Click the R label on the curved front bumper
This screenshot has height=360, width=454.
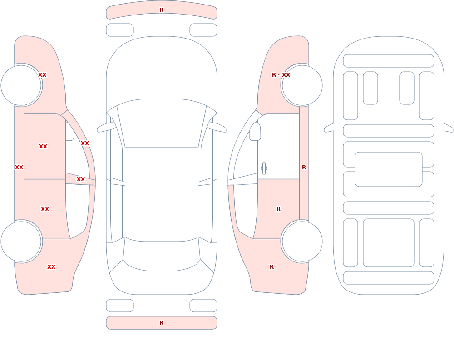(x=161, y=10)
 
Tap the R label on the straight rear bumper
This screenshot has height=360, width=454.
(x=161, y=323)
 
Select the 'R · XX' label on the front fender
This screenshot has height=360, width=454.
(x=281, y=75)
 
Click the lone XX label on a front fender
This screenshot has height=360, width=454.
(x=42, y=75)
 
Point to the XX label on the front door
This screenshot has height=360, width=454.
(x=43, y=147)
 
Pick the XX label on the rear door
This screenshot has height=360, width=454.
(x=45, y=209)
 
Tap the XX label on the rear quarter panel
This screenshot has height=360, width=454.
(x=51, y=267)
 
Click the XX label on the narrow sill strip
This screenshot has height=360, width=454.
(x=19, y=168)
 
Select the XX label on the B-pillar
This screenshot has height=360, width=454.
(x=81, y=179)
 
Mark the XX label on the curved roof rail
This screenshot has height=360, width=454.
(x=85, y=143)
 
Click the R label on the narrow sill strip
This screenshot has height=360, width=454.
(x=304, y=168)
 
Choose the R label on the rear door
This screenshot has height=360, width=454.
(x=279, y=209)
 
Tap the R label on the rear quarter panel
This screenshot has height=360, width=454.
(x=271, y=267)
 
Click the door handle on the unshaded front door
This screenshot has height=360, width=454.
(x=264, y=168)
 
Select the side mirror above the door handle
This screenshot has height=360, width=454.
(x=255, y=132)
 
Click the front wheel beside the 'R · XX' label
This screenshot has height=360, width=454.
(x=302, y=85)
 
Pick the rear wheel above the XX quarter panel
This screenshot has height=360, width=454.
(x=21, y=242)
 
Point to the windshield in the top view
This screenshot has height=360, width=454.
(x=162, y=123)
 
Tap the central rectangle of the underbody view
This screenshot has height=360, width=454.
(x=389, y=169)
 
